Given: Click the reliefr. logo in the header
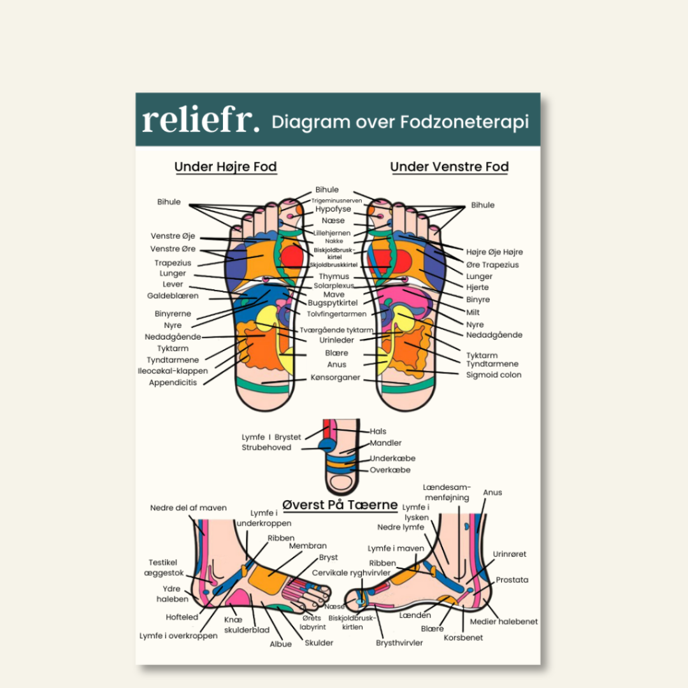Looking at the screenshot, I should point(201,120).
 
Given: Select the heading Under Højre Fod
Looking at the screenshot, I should point(226,167).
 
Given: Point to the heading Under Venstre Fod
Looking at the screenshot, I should point(449,167).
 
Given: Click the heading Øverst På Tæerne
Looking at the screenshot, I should point(340,505).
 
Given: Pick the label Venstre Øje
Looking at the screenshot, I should point(173,236).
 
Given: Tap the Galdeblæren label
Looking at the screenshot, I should point(173,296).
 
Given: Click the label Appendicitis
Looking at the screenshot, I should point(173,383).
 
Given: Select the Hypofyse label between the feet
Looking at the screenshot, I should point(333,209).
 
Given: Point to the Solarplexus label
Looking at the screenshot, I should point(333,286).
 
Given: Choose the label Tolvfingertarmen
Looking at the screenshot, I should point(336,314).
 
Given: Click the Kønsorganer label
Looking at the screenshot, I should point(335,378).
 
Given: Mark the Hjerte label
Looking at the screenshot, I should point(477,287).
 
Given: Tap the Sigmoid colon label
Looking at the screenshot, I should point(494,375).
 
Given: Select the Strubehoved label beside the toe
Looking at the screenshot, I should point(266,448).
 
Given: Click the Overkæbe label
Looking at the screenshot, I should point(390,470).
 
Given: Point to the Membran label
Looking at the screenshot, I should point(308,546).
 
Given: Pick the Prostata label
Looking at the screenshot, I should point(512,580).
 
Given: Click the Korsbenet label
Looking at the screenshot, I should point(463,638).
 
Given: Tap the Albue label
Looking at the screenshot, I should point(280,644).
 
